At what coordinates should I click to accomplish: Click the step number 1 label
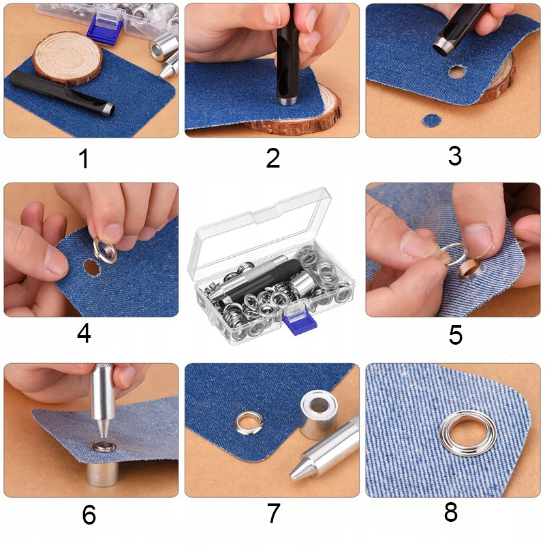click(84, 159)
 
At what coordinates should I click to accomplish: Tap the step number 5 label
click(456, 334)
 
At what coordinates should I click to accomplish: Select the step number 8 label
click(451, 512)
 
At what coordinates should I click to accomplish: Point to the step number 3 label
click(454, 156)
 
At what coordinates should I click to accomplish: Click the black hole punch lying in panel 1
click(61, 93)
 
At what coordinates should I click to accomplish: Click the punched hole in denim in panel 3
click(457, 72)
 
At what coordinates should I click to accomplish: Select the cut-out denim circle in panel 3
click(432, 121)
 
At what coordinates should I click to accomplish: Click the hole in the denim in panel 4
click(92, 268)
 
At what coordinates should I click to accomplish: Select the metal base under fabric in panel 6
click(103, 474)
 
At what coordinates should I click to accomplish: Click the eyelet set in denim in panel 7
click(249, 422)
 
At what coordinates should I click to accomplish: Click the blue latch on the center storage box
click(300, 320)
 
